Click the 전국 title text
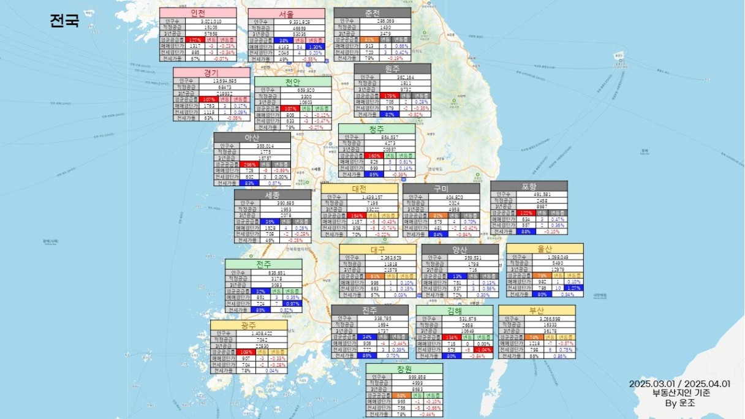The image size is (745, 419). click(x=64, y=21)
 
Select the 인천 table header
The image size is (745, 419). click(x=198, y=13)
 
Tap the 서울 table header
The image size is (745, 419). click(x=286, y=13)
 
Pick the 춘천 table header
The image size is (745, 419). click(x=372, y=13)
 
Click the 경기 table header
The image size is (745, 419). click(x=211, y=72)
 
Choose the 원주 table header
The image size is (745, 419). click(x=392, y=69)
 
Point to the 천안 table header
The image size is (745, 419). click(x=293, y=81)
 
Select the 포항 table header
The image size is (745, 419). click(x=529, y=186)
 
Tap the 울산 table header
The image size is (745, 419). click(x=545, y=249)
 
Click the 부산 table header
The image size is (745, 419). click(x=537, y=310)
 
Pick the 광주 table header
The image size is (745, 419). click(x=248, y=325)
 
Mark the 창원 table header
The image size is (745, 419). click(x=404, y=369)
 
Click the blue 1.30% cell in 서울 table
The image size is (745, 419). click(x=316, y=47)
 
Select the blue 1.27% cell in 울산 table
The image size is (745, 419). click(x=574, y=287)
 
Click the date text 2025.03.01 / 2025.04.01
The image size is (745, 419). click(x=679, y=383)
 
